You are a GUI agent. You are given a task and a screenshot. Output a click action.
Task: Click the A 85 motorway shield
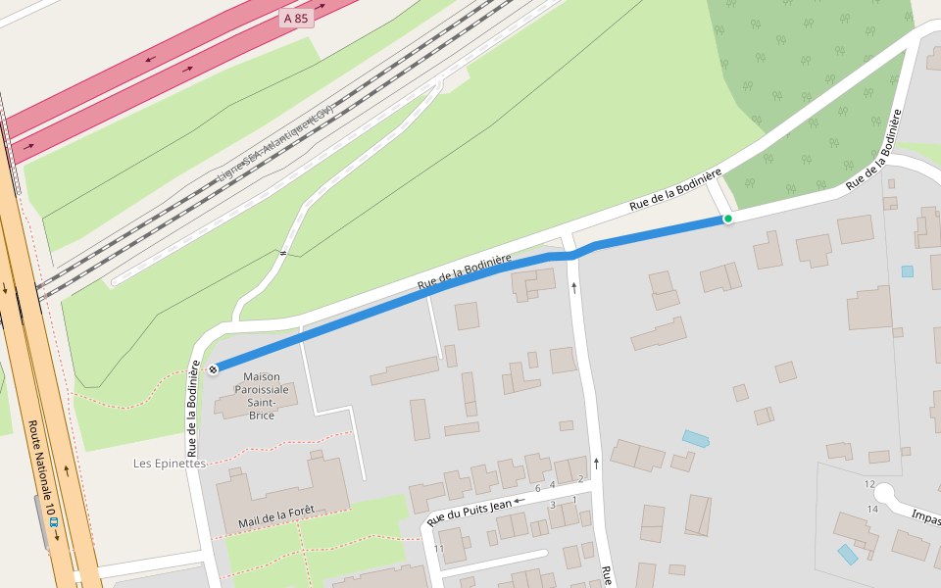[296, 18]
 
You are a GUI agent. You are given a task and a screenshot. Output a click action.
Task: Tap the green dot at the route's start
[727, 219]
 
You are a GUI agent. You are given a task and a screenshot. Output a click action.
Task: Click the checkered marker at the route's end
[212, 368]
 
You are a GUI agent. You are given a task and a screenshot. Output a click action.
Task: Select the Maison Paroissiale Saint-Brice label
[262, 395]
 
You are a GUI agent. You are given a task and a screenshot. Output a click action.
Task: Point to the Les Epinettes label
[170, 464]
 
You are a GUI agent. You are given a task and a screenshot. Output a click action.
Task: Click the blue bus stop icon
[55, 521]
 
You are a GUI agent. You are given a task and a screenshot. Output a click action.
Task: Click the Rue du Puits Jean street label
[470, 512]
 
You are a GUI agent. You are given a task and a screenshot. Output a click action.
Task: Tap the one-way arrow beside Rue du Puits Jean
[520, 501]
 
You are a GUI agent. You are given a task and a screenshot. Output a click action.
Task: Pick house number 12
[868, 484]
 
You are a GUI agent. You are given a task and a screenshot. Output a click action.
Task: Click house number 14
[872, 509]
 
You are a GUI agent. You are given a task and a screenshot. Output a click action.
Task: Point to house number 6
[538, 488]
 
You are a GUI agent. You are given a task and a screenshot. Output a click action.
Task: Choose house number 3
[553, 505]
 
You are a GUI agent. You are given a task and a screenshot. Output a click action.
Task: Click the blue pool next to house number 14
[847, 554]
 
